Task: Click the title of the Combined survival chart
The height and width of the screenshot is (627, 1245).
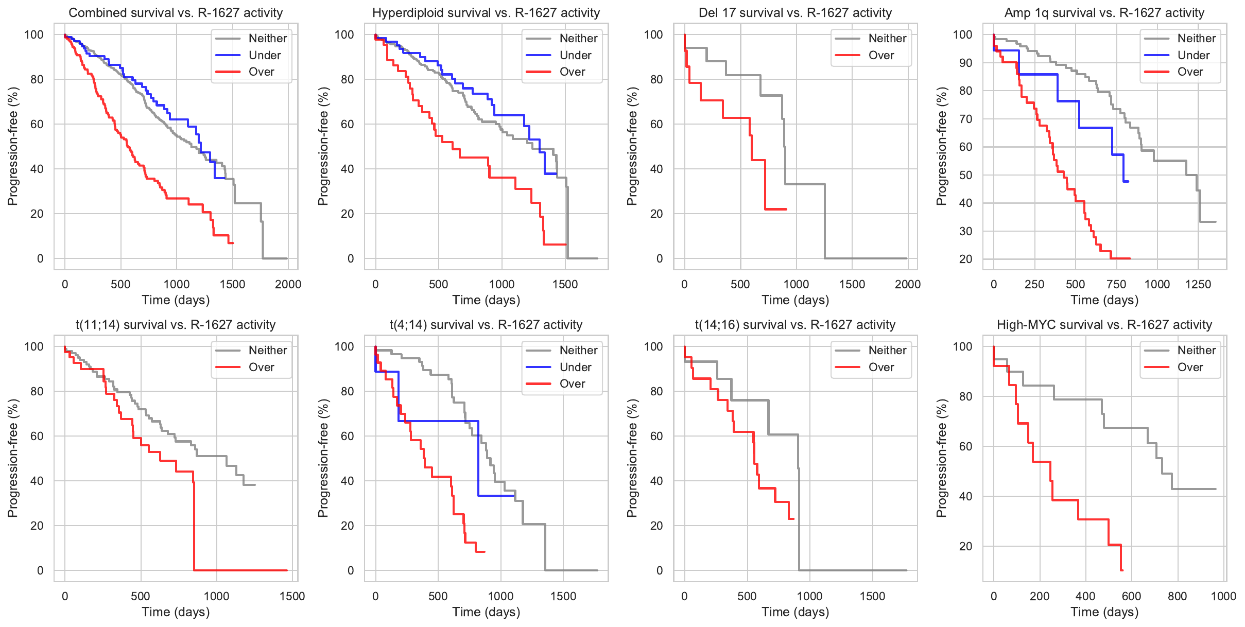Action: (x=176, y=13)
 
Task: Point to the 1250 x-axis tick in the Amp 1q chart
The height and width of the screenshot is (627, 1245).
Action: (x=1198, y=284)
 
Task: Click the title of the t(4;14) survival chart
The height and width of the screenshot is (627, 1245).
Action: (x=486, y=325)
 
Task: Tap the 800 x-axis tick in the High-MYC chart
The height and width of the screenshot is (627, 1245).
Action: (x=1178, y=596)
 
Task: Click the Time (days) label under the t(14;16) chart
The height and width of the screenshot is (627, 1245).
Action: (x=796, y=612)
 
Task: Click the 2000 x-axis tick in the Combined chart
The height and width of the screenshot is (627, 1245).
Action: (x=288, y=284)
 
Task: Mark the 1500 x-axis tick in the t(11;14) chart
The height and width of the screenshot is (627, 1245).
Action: (x=292, y=596)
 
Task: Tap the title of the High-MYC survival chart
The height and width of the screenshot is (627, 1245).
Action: (x=1104, y=325)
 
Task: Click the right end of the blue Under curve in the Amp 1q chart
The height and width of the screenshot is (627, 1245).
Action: (x=1128, y=181)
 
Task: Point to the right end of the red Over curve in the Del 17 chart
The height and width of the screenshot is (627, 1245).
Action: (x=786, y=209)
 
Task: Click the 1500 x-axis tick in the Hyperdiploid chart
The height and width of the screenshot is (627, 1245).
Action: (x=565, y=284)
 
